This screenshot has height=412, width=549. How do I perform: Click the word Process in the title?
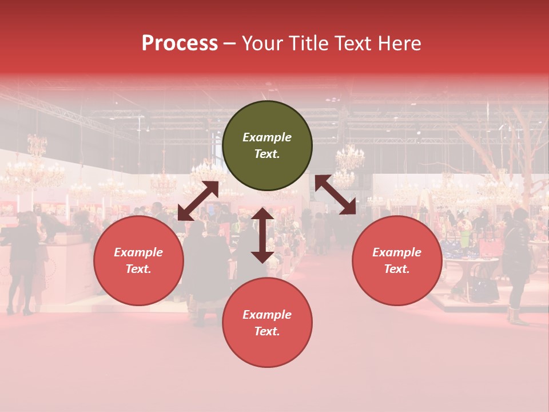point(180,43)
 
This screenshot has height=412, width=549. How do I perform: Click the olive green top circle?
point(267,146)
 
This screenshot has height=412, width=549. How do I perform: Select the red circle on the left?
point(138,260)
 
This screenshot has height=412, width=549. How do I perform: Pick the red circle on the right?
point(397,260)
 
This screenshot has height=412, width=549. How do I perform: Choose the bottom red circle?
point(267,323)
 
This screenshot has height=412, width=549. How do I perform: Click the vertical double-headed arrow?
point(262,235)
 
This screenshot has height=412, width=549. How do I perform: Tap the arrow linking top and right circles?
point(336,195)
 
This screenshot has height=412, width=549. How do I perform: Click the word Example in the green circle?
point(267,137)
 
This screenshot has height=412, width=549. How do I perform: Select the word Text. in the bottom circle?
point(267,331)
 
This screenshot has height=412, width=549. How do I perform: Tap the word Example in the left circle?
point(138,252)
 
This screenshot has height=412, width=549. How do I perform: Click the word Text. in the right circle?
point(397,269)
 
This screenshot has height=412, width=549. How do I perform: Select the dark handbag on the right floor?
point(484,289)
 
